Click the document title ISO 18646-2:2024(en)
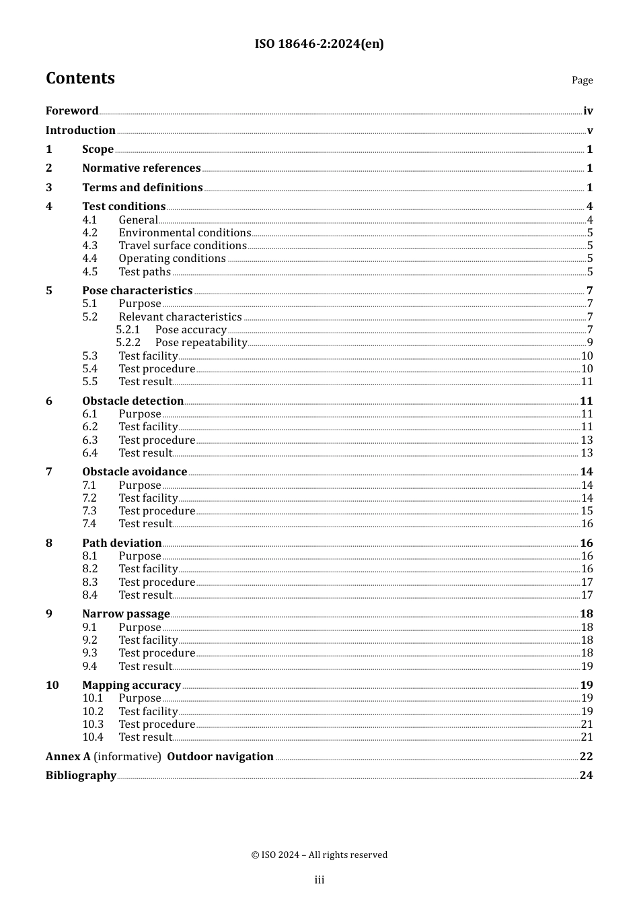[319, 44]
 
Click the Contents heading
[80, 78]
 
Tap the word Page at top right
[582, 80]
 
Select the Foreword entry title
[72, 111]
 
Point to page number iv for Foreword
[588, 111]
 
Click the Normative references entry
[141, 168]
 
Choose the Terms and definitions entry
[143, 188]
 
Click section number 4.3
[90, 246]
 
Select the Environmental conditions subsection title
[185, 233]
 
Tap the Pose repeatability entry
[201, 343]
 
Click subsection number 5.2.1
[128, 330]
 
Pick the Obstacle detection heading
[133, 401]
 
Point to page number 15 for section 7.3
[587, 511]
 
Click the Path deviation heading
[122, 543]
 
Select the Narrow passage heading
[126, 614]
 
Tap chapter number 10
[52, 685]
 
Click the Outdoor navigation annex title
[220, 757]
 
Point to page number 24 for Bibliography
[586, 776]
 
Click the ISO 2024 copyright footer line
[319, 855]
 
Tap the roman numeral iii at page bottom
[319, 880]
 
